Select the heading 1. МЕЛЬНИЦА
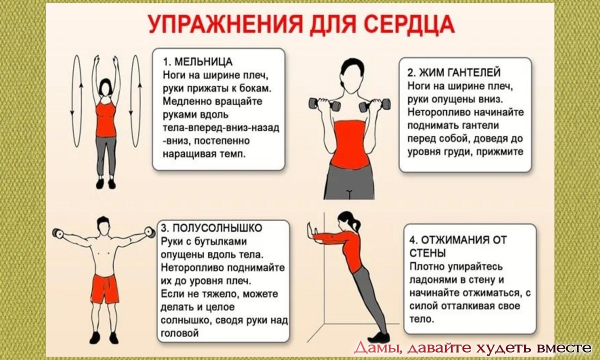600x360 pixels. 197,62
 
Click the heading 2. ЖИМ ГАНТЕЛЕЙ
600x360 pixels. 454,72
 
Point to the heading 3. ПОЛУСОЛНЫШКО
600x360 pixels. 211,228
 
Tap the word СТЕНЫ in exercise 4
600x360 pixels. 427,253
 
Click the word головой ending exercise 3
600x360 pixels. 179,333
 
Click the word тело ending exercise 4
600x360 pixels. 421,319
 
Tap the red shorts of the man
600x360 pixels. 104,289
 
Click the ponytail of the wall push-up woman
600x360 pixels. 355,224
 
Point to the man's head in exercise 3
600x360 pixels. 103,226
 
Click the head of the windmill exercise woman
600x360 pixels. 105,87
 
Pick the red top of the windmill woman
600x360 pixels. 106,119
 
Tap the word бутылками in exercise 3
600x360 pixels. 220,241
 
